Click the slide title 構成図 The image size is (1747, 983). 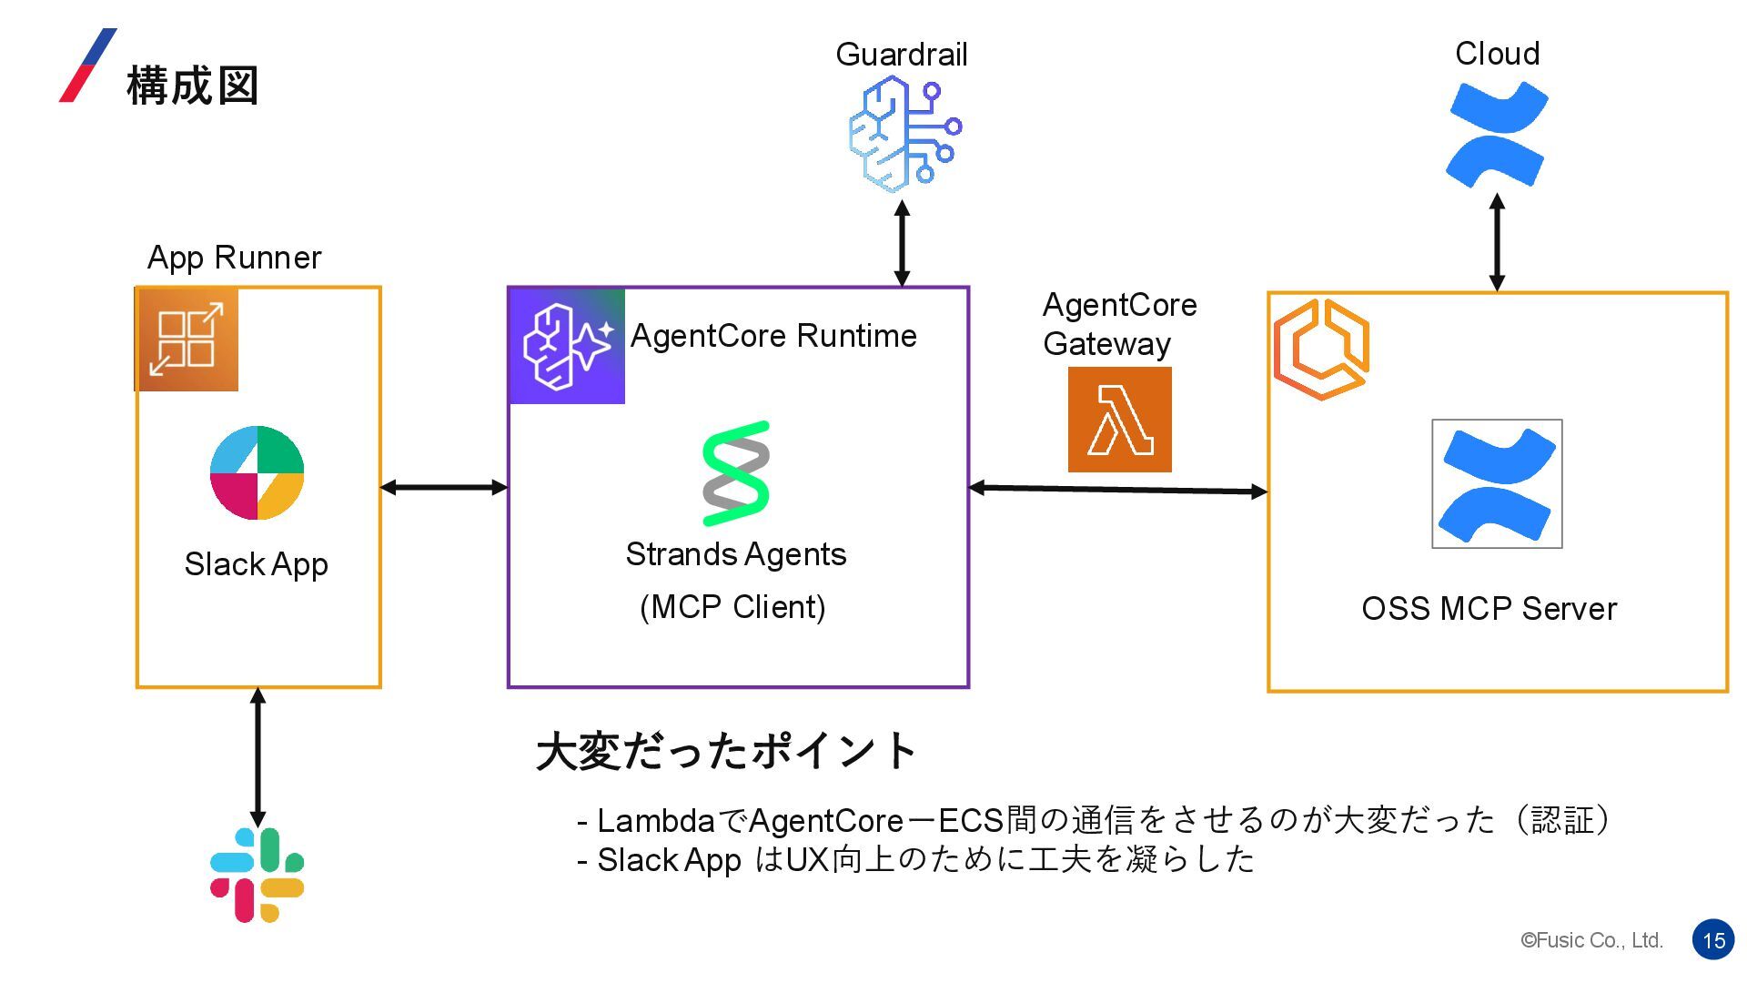(193, 86)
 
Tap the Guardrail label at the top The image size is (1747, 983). (902, 55)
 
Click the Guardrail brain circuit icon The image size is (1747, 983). (904, 135)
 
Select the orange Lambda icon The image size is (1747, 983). (1119, 420)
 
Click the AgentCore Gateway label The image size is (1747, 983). (1119, 324)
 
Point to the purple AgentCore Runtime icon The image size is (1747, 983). (567, 346)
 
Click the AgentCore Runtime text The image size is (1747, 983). (773, 336)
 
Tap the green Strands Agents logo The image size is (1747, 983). (736, 473)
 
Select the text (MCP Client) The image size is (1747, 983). (732, 606)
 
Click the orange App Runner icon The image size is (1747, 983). (187, 339)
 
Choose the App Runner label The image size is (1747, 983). (234, 258)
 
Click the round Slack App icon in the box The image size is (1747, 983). (257, 472)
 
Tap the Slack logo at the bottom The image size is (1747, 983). (257, 875)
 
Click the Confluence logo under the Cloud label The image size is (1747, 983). (1497, 134)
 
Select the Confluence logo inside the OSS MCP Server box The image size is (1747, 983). (1497, 484)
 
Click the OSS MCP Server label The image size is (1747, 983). (1489, 608)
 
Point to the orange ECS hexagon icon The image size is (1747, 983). (1321, 350)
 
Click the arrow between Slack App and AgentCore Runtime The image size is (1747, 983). (444, 487)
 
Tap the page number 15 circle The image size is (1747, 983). (1714, 940)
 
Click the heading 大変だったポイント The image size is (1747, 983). (726, 751)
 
